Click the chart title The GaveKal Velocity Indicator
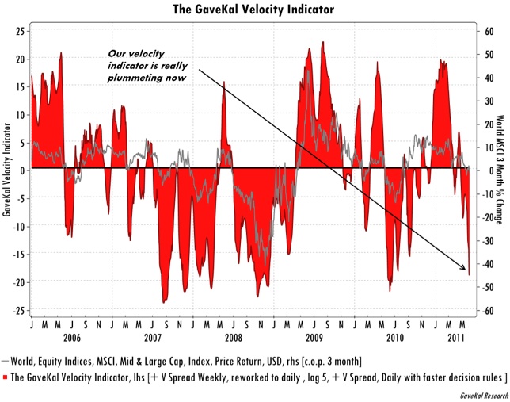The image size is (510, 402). point(254,10)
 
